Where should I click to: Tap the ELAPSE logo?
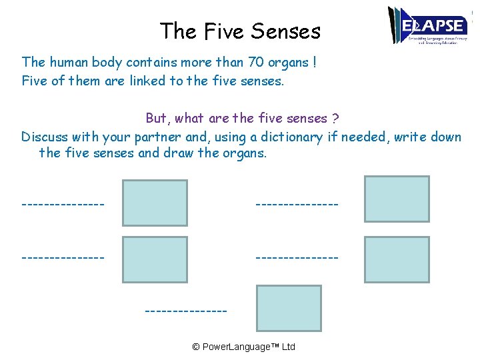(427, 26)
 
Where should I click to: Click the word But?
(157, 118)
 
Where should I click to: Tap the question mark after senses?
(335, 118)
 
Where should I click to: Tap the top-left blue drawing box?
(155, 203)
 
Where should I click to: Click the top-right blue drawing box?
(397, 199)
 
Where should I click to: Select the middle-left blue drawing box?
(155, 260)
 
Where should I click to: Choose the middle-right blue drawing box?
(397, 259)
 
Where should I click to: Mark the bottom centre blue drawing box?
(289, 308)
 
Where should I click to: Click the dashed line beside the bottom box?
(185, 311)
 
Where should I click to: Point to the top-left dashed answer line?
(63, 202)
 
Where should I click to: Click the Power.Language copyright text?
(243, 347)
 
